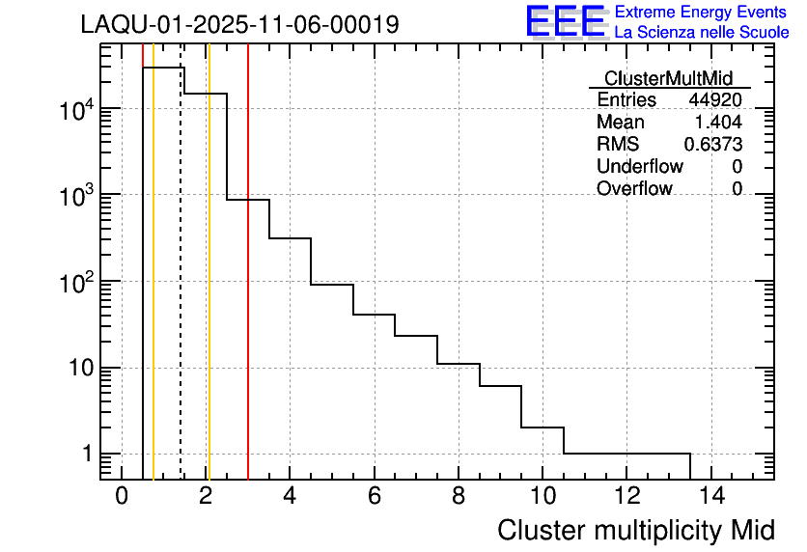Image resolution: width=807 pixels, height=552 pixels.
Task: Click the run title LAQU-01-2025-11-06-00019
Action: (x=239, y=24)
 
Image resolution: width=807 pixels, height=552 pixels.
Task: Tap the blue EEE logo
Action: (x=567, y=21)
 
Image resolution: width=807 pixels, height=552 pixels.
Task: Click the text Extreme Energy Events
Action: (x=702, y=13)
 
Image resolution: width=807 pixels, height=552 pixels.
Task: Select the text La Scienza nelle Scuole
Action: (x=702, y=33)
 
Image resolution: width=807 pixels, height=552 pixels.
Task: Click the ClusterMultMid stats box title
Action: (x=668, y=78)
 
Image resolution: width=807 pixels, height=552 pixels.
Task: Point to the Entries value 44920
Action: (x=715, y=100)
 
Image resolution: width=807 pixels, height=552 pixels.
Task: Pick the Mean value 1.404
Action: (x=718, y=123)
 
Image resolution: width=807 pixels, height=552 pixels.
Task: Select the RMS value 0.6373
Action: (x=713, y=145)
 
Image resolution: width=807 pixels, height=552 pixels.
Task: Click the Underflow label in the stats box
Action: (x=639, y=167)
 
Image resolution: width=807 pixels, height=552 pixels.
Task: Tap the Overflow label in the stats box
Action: (x=634, y=189)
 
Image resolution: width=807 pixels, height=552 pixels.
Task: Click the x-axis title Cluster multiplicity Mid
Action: (x=635, y=530)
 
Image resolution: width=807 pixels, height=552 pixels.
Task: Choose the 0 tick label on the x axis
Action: (x=122, y=496)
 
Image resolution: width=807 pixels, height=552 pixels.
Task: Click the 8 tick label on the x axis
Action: (x=459, y=496)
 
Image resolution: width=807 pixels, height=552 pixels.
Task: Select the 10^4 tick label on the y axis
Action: (x=72, y=109)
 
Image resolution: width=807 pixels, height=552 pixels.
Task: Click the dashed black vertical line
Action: (x=181, y=290)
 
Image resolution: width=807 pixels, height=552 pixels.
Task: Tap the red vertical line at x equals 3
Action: (x=248, y=290)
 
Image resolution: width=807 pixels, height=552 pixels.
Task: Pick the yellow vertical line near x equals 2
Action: (x=209, y=290)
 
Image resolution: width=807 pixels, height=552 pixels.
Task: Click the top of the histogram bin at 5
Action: (x=332, y=285)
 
